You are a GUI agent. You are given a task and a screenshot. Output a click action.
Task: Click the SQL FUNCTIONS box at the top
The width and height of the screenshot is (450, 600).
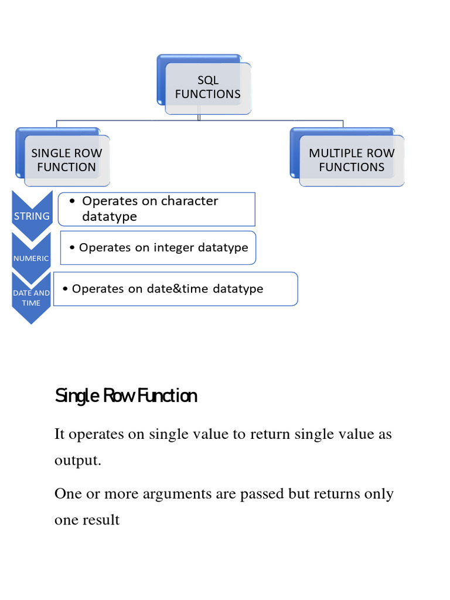[x=207, y=87]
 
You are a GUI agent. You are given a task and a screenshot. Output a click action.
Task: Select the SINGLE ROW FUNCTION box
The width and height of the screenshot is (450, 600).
[x=66, y=160]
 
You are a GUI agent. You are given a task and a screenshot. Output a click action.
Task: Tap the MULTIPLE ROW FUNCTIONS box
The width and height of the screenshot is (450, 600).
[x=352, y=160]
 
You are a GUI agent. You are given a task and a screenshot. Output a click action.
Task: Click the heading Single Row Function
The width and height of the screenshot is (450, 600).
[x=126, y=397]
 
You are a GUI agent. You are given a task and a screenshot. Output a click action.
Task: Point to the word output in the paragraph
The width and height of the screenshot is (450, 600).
[x=77, y=461]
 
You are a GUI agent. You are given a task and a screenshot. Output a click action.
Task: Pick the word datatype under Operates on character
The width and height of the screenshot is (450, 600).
[x=109, y=217]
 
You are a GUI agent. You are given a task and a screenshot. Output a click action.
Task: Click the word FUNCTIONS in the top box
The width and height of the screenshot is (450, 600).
[x=207, y=94]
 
